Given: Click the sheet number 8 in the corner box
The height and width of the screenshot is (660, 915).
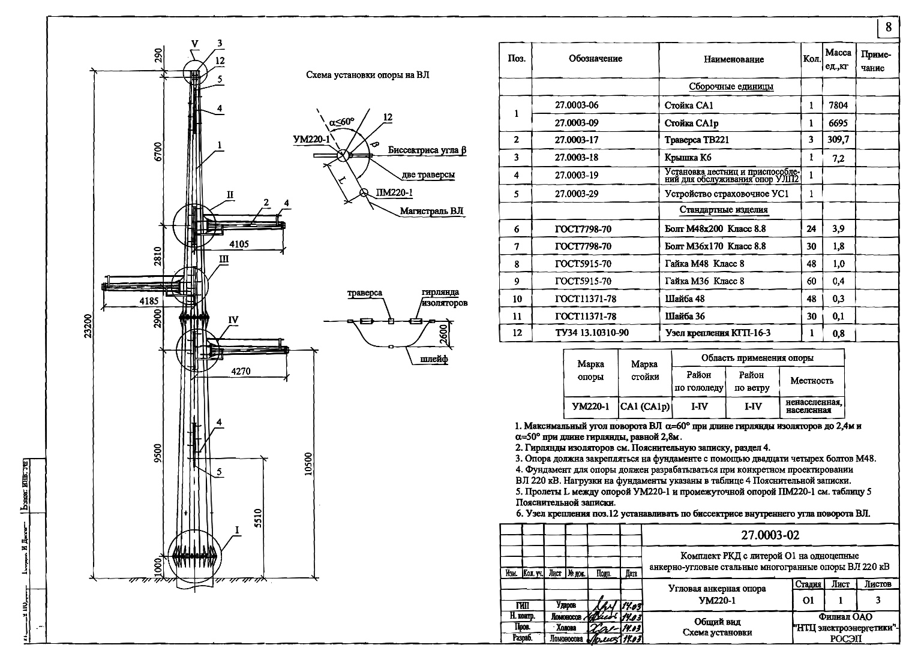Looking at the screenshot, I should pos(888,27).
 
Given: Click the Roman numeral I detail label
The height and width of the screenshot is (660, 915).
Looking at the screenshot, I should pos(237,530).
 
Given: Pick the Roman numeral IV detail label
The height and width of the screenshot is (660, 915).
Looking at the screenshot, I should pos(233,321).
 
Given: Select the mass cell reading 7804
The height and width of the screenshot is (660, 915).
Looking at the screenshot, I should pos(838,105).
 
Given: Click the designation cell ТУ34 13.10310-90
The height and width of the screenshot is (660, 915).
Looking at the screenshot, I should pos(592,333).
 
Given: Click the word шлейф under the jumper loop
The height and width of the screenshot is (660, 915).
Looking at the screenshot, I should pos(434,359).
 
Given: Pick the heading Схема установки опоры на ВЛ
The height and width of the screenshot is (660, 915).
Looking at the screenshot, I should pos(367,76).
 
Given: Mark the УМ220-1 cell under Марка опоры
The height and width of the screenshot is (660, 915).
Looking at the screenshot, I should pos(590,406).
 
